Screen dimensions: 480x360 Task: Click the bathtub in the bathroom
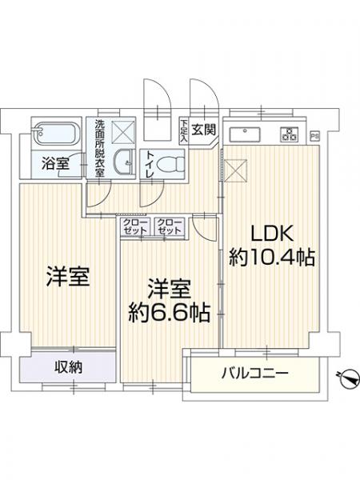[54, 132]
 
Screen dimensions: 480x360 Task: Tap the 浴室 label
[55, 165]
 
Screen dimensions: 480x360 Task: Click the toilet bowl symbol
[168, 165]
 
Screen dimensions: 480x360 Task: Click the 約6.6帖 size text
[170, 311]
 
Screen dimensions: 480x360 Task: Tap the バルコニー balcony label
[254, 374]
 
